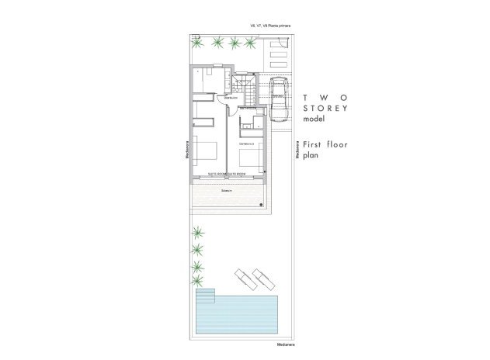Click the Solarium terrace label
click(228, 189)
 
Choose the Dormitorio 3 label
click(247, 144)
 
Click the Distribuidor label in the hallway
click(231, 99)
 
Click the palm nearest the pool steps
click(199, 282)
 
